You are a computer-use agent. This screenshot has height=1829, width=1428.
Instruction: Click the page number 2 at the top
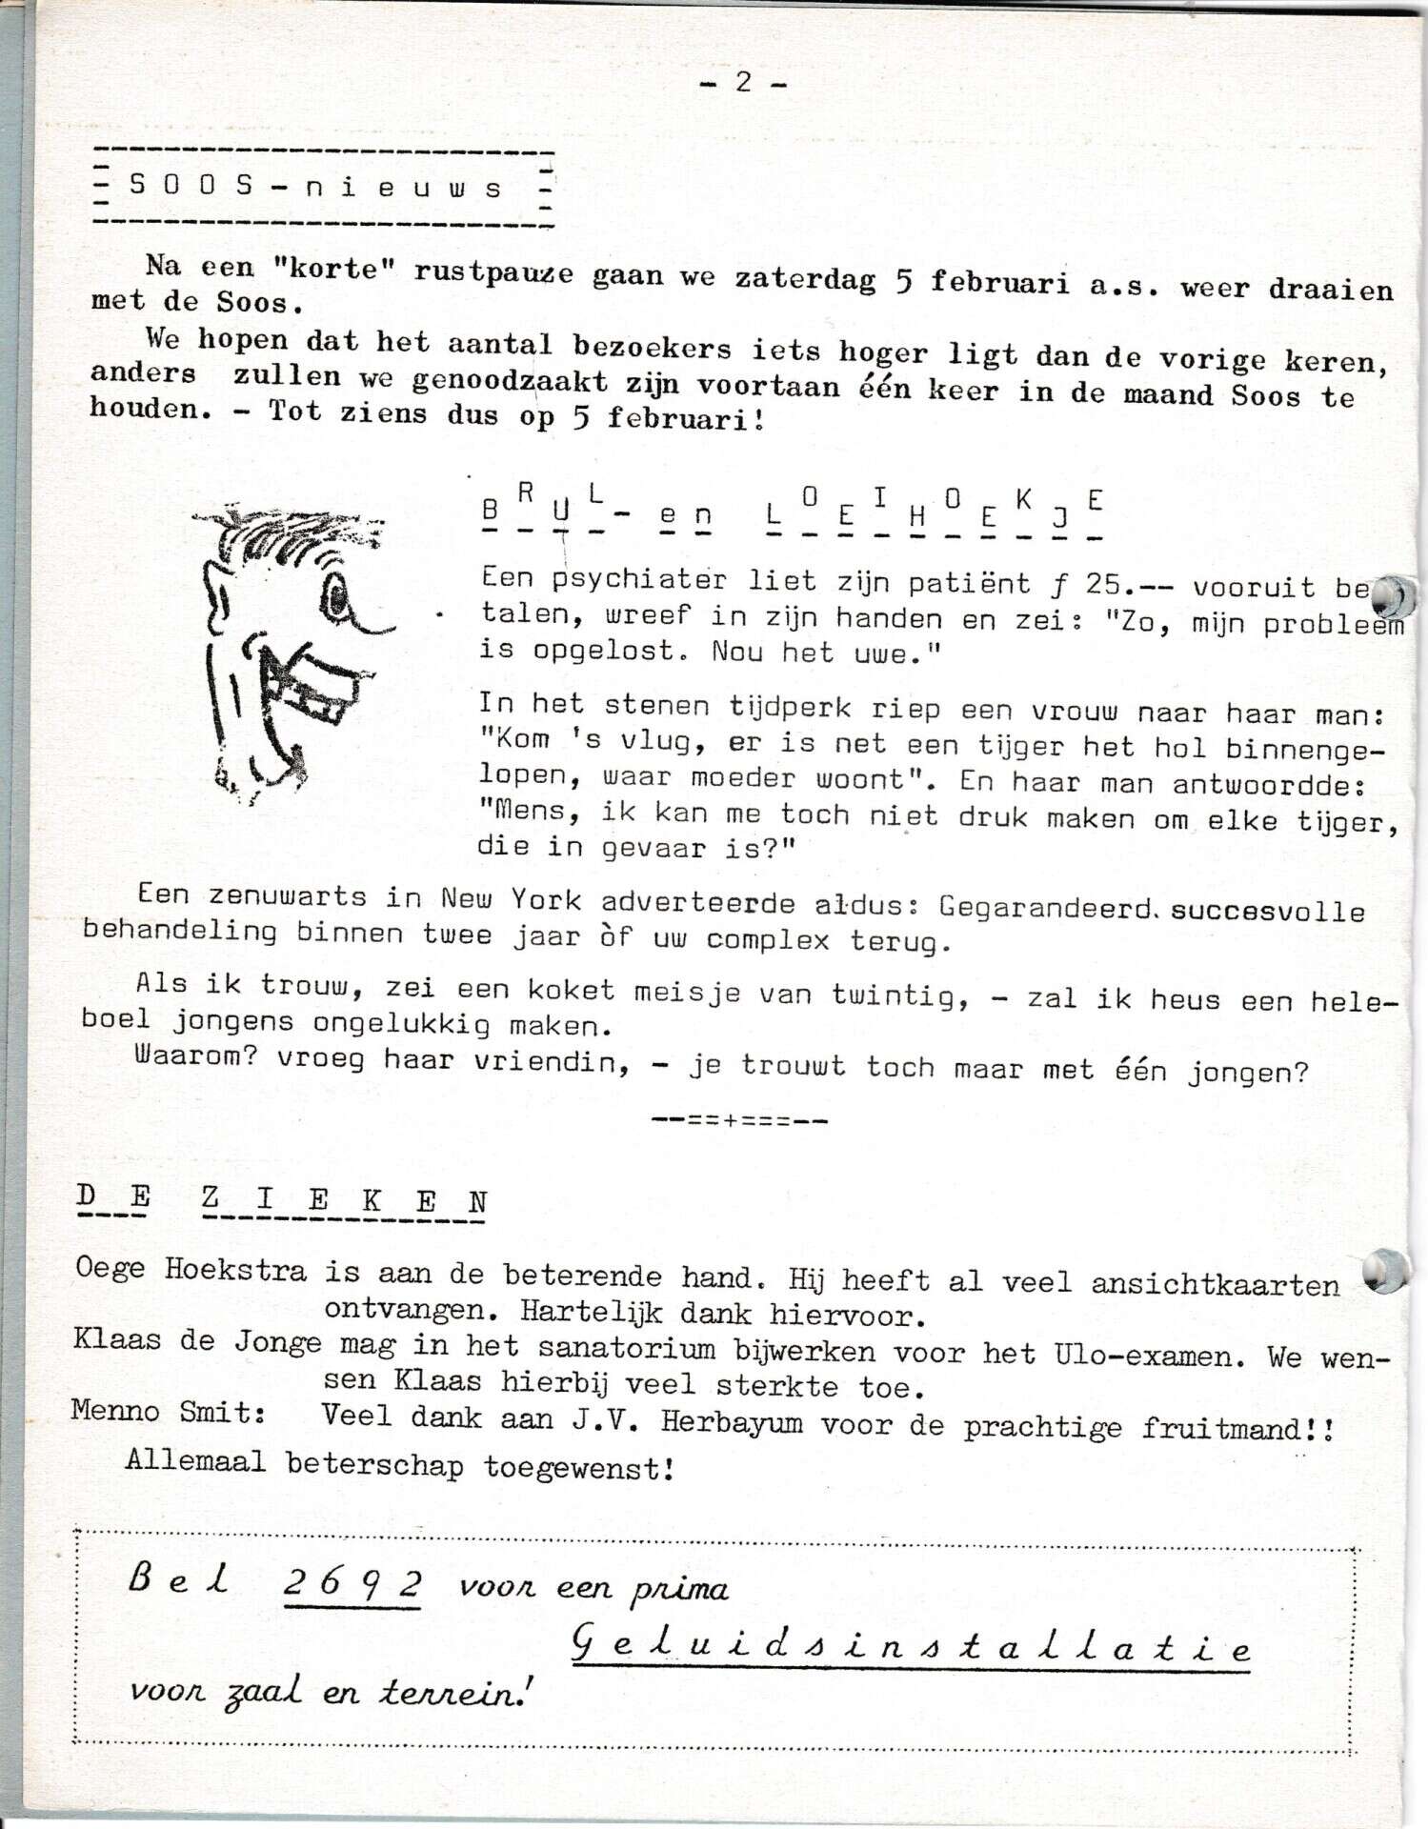click(743, 83)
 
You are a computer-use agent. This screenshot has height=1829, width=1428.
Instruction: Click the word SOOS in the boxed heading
click(191, 186)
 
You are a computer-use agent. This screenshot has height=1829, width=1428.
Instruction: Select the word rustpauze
click(493, 272)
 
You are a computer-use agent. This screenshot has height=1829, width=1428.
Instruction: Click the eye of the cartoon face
click(338, 596)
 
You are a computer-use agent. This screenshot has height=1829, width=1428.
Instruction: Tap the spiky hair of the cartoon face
click(286, 533)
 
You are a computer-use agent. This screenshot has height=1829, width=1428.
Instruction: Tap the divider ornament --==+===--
click(739, 1120)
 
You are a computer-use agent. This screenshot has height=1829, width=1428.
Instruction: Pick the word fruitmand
click(1221, 1428)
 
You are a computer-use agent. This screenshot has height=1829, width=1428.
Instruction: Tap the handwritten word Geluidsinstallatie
click(911, 1647)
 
